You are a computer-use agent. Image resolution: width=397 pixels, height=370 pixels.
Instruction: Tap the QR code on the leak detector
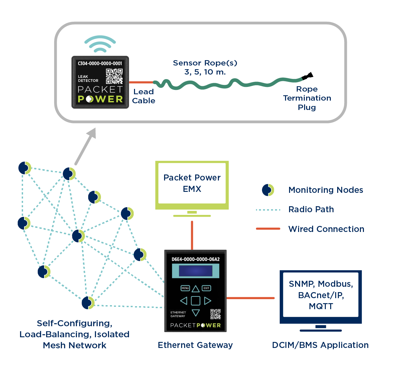[114, 76]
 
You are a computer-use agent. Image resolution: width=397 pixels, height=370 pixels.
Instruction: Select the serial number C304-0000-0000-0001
[100, 63]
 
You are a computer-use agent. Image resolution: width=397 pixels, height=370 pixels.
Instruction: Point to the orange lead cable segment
[141, 82]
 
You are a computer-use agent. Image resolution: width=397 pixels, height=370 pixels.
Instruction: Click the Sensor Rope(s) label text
[205, 63]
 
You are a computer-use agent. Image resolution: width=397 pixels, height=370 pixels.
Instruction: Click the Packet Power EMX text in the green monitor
[192, 183]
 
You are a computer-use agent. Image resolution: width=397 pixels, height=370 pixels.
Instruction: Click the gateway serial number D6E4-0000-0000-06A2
[195, 259]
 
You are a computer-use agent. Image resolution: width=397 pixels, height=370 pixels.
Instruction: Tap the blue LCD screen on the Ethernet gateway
[195, 271]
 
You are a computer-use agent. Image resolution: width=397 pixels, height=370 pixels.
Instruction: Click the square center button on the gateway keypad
[195, 301]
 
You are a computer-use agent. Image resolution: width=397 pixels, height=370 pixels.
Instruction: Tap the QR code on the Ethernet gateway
[215, 314]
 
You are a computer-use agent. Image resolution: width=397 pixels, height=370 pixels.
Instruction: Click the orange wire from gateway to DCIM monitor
[250, 298]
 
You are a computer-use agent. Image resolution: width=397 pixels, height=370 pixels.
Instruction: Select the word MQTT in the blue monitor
[321, 306]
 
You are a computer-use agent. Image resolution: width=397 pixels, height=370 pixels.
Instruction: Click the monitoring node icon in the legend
[268, 190]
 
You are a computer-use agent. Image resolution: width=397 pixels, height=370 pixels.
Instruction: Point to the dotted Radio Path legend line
[268, 210]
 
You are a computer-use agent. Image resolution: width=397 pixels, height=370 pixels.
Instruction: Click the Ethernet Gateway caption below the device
[195, 345]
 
